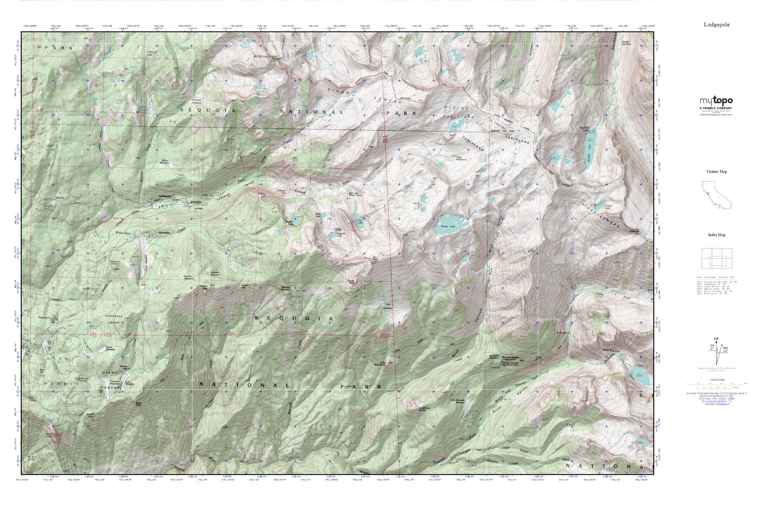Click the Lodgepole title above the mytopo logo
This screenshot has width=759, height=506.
(716, 24)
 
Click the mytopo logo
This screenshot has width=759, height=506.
(716, 101)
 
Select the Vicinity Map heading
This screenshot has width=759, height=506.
(716, 172)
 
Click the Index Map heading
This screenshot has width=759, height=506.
(716, 235)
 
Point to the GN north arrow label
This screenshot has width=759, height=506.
(716, 339)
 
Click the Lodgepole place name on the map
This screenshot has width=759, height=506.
(165, 196)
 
